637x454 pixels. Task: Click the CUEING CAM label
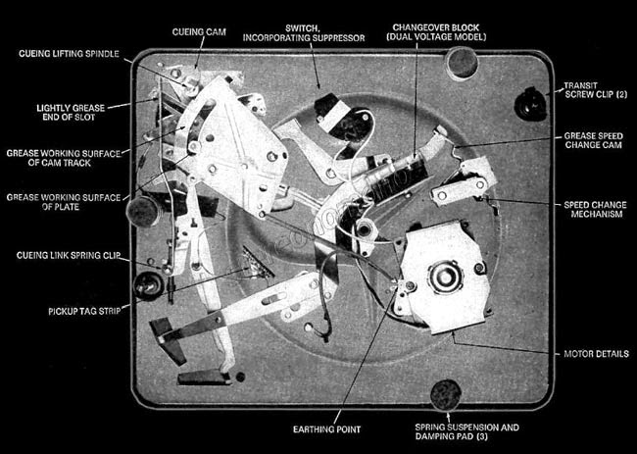tap(199, 31)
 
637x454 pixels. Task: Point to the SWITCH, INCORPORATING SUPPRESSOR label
tap(323, 31)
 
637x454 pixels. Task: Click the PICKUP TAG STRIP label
tap(82, 312)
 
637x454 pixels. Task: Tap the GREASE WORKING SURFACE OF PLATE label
tap(63, 202)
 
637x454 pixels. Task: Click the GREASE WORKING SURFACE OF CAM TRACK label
tap(63, 158)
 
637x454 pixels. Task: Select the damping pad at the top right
tap(462, 63)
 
